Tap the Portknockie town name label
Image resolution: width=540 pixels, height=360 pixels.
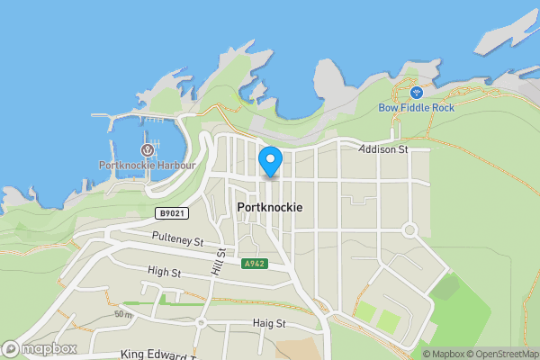pyautogui.click(x=270, y=207)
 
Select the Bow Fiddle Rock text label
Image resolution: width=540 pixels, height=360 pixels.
pyautogui.click(x=416, y=107)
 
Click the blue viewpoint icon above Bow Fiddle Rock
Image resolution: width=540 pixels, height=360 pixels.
pyautogui.click(x=416, y=92)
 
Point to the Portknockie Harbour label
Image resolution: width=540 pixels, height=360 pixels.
pyautogui.click(x=146, y=165)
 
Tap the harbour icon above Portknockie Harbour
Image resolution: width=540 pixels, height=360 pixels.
pyautogui.click(x=146, y=149)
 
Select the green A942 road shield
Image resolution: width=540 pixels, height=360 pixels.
pyautogui.click(x=253, y=264)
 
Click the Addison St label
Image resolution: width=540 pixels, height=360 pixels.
pyautogui.click(x=383, y=149)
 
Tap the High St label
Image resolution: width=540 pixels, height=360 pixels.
pyautogui.click(x=164, y=272)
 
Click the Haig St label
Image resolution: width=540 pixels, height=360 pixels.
pyautogui.click(x=268, y=323)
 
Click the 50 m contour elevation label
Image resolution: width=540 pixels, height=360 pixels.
pyautogui.click(x=123, y=315)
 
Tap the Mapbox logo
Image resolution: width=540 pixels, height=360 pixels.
pyautogui.click(x=40, y=348)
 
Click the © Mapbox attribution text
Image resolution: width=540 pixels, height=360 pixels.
pyautogui.click(x=447, y=354)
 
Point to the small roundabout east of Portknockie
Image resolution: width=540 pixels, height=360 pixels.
pyautogui.click(x=409, y=230)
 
